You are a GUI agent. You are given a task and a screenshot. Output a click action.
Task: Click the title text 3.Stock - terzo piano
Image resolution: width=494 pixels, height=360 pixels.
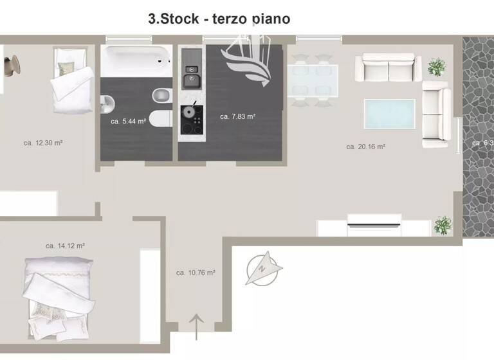click(x=219, y=19)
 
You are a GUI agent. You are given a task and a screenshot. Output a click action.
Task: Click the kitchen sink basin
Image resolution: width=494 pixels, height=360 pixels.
click(x=190, y=80)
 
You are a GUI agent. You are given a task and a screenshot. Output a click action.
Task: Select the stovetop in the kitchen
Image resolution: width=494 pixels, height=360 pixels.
click(x=191, y=118)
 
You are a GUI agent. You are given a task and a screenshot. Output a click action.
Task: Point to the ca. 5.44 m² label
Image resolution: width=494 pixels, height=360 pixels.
click(x=127, y=121)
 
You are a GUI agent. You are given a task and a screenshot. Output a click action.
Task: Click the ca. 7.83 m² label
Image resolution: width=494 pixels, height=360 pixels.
click(x=237, y=116)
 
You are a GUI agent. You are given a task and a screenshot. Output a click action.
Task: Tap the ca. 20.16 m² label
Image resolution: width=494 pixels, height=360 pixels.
click(x=365, y=147)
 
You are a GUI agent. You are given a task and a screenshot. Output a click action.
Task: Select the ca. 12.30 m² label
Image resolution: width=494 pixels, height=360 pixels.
click(x=42, y=142)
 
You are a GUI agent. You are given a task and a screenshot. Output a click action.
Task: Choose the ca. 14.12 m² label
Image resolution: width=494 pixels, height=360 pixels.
click(x=65, y=246)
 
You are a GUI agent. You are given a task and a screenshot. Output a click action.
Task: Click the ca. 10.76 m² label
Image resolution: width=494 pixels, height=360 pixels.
click(x=196, y=273)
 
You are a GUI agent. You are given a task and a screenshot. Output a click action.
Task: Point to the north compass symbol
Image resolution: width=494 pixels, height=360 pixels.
click(x=264, y=269)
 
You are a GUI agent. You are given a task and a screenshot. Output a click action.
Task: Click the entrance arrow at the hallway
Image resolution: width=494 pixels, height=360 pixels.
click(x=196, y=321)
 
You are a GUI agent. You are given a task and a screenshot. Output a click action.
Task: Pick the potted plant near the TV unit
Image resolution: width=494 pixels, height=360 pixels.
click(x=442, y=224)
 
